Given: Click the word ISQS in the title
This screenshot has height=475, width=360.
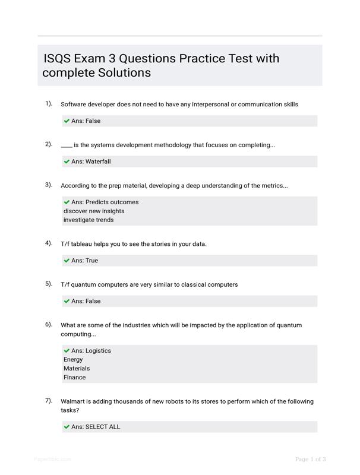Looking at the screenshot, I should (57, 59).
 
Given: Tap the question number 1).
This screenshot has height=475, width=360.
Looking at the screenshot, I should (49, 103).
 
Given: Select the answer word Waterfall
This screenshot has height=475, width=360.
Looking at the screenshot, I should (98, 161).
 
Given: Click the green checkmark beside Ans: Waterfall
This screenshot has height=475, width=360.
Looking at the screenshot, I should (67, 161).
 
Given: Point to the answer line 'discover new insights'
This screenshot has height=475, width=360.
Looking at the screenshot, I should (94, 211).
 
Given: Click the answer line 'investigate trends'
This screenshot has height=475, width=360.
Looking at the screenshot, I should (89, 220).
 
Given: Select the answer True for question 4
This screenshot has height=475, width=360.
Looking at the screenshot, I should (91, 261).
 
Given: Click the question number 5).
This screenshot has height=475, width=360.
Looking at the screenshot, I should (49, 283).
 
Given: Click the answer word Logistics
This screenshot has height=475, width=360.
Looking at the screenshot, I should (98, 351).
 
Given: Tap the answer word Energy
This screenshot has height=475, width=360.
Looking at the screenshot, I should (73, 360).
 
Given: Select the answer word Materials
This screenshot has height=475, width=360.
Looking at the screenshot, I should (77, 369).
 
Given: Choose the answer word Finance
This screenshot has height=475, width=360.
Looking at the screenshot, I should (75, 378).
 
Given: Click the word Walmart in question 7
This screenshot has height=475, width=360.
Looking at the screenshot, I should (74, 401).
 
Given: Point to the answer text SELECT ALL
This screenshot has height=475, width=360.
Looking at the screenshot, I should (103, 427).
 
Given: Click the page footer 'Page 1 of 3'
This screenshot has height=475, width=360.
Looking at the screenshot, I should (310, 459).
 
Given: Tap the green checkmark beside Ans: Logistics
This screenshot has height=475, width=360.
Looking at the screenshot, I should (67, 351).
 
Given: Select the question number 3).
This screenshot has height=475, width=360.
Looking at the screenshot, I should (49, 185).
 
